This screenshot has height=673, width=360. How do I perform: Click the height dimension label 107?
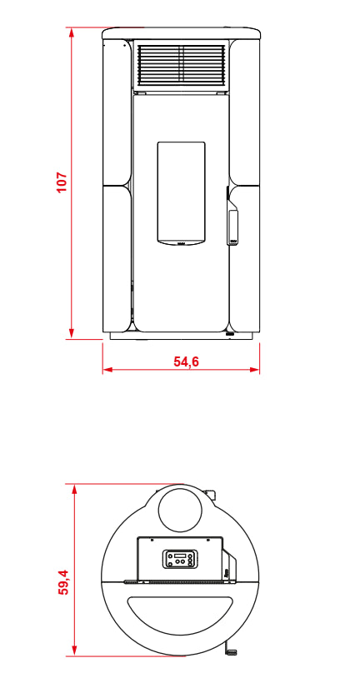click(x=62, y=182)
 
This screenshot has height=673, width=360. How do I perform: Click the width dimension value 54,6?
click(x=186, y=361)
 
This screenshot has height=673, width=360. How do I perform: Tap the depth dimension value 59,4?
click(x=63, y=582)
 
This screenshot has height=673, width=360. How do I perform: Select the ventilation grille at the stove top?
click(x=181, y=64)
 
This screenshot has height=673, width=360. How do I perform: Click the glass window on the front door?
click(x=181, y=193)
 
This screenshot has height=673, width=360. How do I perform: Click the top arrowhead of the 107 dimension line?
click(x=72, y=32)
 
